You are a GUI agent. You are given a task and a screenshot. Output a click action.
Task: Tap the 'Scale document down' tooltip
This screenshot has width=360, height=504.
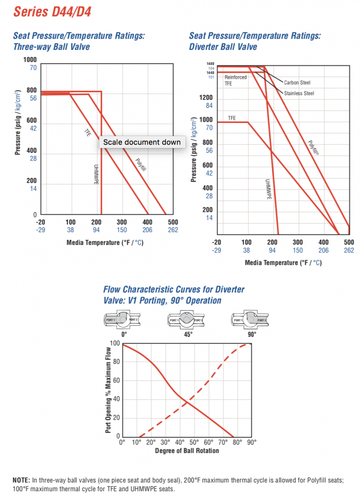tap(142, 142)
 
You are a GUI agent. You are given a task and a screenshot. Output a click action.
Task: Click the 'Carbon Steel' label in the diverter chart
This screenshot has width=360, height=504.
tap(297, 83)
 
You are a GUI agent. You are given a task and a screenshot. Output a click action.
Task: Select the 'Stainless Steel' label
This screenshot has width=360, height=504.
tap(299, 93)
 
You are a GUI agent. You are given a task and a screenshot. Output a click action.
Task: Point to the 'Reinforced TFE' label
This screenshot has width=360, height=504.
tap(235, 80)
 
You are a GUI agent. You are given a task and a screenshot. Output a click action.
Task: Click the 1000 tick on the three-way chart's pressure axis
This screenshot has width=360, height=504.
tap(29, 60)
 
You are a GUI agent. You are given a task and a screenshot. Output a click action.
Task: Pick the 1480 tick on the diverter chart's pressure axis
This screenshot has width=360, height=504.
tap(211, 64)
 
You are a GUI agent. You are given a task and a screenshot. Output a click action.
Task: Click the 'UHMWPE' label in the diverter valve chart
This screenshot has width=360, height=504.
tap(269, 189)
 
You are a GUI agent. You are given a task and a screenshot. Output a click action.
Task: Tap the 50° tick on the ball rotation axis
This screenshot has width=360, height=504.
tap(194, 443)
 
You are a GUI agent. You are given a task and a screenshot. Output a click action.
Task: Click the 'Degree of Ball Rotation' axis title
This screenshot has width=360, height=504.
tap(187, 450)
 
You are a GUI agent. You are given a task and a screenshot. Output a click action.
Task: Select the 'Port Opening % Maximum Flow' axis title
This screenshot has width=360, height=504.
tap(108, 389)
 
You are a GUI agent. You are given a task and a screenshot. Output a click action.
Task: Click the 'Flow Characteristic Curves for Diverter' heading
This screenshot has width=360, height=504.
tap(174, 289)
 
